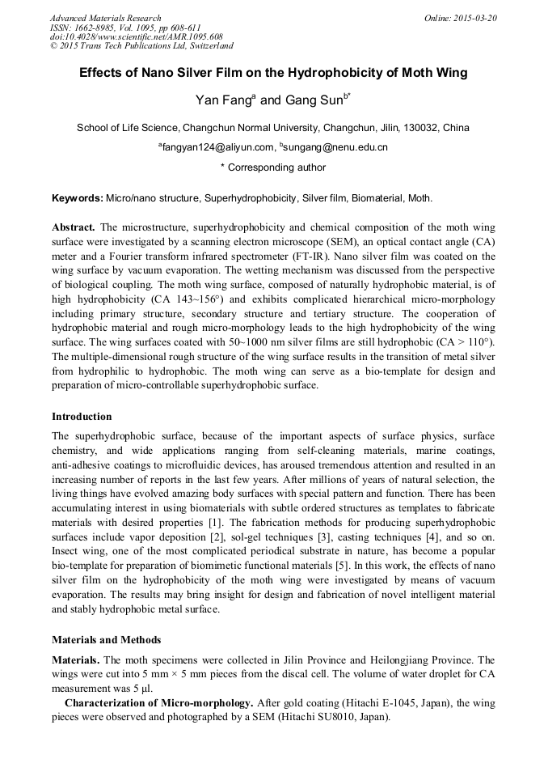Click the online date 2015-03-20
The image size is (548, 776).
coord(472,18)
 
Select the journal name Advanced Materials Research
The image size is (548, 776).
coord(105,18)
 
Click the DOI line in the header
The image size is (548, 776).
coord(136,37)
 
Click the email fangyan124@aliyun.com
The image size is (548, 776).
coord(218,147)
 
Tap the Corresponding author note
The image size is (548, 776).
coord(273,167)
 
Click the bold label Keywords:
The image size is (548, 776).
coord(78,198)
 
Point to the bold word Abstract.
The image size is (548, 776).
coord(74,227)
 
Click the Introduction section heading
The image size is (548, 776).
coord(82,417)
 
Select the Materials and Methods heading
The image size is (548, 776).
coord(106,640)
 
